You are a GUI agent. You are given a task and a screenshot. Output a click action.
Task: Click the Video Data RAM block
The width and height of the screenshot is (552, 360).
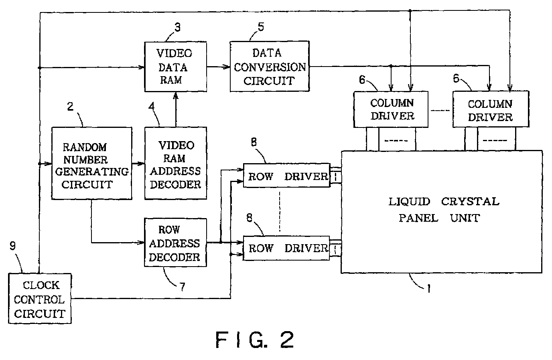click(x=175, y=67)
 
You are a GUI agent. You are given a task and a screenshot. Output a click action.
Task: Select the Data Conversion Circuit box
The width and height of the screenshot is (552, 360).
click(x=270, y=67)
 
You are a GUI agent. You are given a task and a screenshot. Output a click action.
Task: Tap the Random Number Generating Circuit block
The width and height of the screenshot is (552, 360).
click(x=92, y=163)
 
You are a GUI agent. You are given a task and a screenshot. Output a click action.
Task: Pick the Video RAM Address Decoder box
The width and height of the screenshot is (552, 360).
click(x=175, y=163)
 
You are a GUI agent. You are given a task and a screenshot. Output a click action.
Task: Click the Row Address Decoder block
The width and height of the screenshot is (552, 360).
click(x=175, y=243)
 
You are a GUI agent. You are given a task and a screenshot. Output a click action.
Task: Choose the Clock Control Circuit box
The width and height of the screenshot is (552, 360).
click(x=40, y=298)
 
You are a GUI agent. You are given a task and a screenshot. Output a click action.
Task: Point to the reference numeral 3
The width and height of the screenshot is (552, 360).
click(x=177, y=27)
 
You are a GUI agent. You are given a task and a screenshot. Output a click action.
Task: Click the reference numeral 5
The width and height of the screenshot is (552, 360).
click(x=261, y=26)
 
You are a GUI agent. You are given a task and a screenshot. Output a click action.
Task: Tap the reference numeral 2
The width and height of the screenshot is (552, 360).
click(x=70, y=106)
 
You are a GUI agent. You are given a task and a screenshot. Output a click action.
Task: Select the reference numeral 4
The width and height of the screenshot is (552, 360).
click(x=152, y=106)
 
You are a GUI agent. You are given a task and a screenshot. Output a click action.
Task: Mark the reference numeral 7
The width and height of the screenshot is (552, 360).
click(x=183, y=287)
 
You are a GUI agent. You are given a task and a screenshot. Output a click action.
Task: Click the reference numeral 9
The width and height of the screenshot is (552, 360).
click(x=12, y=246)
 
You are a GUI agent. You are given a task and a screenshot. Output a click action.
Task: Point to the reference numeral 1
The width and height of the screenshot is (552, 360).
click(x=429, y=288)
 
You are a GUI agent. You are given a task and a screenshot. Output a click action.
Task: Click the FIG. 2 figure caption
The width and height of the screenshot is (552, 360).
click(x=255, y=340)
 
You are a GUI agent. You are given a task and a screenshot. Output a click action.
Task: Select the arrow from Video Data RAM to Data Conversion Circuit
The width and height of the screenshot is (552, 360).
click(x=218, y=67)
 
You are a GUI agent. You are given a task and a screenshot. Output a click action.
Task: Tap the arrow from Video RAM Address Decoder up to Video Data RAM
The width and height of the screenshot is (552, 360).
click(x=176, y=109)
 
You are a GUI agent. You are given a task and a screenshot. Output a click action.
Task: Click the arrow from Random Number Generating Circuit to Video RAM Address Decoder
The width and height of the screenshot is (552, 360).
click(x=138, y=164)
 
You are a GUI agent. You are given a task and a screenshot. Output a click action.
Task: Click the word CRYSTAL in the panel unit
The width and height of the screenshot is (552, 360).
click(x=470, y=201)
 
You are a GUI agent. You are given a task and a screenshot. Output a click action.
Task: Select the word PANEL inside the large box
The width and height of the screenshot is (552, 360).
click(x=418, y=218)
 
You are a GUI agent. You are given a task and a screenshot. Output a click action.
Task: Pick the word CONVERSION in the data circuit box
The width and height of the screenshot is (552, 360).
click(x=270, y=67)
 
